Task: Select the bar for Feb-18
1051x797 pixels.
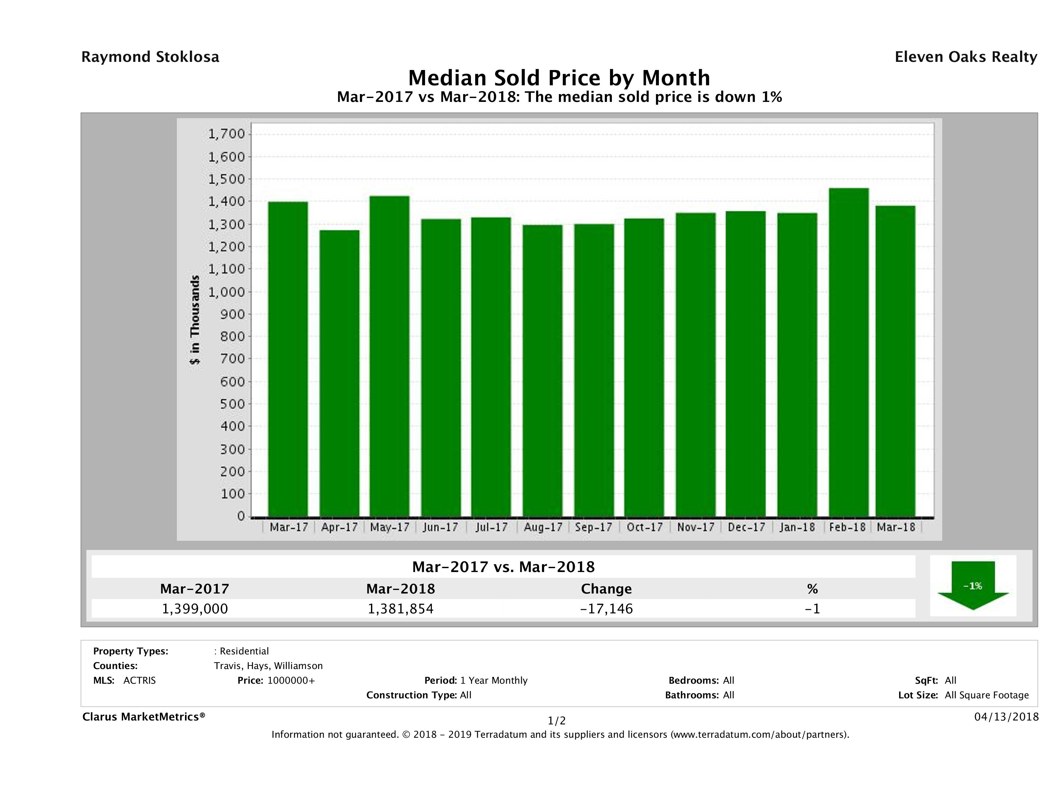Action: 849,352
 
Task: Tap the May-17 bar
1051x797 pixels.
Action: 390,356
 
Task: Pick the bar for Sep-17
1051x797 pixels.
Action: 594,371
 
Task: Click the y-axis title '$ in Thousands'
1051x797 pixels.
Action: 195,320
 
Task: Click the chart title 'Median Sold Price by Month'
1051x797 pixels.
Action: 559,77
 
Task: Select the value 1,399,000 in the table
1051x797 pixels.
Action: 195,608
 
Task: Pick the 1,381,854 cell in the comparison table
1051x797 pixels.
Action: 401,608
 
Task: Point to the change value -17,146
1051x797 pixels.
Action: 606,608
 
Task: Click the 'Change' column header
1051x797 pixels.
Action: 606,589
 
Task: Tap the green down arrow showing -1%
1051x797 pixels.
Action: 973,586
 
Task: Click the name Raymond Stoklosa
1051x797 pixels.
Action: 150,57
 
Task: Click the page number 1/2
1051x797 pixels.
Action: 556,721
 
